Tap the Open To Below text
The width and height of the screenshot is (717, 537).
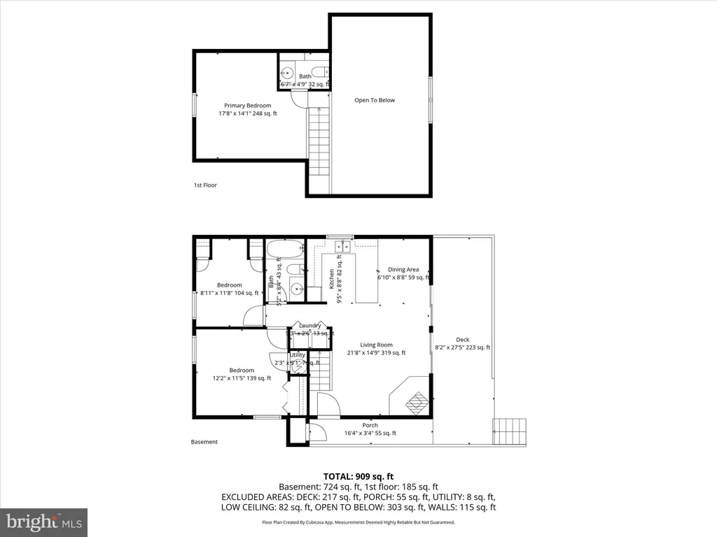coord(374,100)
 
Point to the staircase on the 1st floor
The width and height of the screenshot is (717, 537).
coord(319,143)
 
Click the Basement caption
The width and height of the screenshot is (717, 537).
coord(204,442)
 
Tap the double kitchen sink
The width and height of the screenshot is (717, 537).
coord(343,246)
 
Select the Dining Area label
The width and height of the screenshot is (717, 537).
coord(403,269)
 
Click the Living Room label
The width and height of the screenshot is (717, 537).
coord(376,345)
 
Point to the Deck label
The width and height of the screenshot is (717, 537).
coord(462,340)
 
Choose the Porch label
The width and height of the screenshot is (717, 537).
coord(370,425)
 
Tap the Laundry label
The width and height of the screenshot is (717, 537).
coord(309,326)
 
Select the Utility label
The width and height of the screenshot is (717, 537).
coord(298,355)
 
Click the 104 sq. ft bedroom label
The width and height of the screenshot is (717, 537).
coord(229,285)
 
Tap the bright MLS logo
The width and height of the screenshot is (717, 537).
coord(43,521)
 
